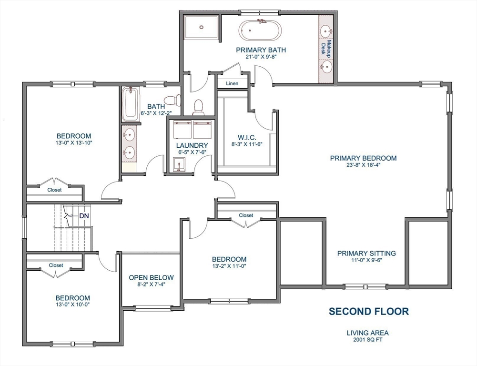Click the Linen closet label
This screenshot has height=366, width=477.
point(232,83)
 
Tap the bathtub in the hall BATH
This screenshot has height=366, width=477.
point(129,104)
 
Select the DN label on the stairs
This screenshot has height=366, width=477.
point(84,216)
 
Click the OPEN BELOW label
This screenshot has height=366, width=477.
point(152,277)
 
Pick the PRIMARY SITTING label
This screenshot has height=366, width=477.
point(366,253)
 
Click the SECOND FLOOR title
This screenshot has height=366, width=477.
point(368,311)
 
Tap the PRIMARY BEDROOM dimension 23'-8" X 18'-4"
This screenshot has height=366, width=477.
point(363,166)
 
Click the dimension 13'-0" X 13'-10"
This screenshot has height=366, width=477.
point(73,143)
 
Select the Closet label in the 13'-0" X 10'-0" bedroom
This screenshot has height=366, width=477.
point(56,265)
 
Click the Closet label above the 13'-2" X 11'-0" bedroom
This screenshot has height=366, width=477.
point(246,215)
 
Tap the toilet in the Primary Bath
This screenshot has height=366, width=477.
point(198,107)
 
